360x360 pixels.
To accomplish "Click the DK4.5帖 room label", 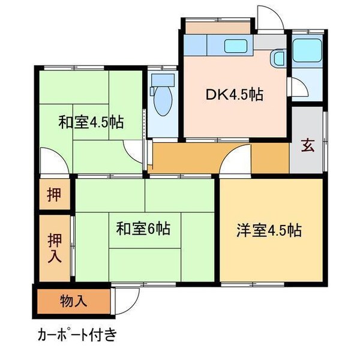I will click(235, 94).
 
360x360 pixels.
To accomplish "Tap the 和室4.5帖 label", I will click(91, 123).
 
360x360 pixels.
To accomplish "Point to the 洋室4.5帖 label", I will click(268, 229).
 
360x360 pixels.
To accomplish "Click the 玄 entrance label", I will click(307, 146).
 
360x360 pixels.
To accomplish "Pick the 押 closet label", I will click(54, 195).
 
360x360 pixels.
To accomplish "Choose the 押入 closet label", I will click(54, 247).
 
